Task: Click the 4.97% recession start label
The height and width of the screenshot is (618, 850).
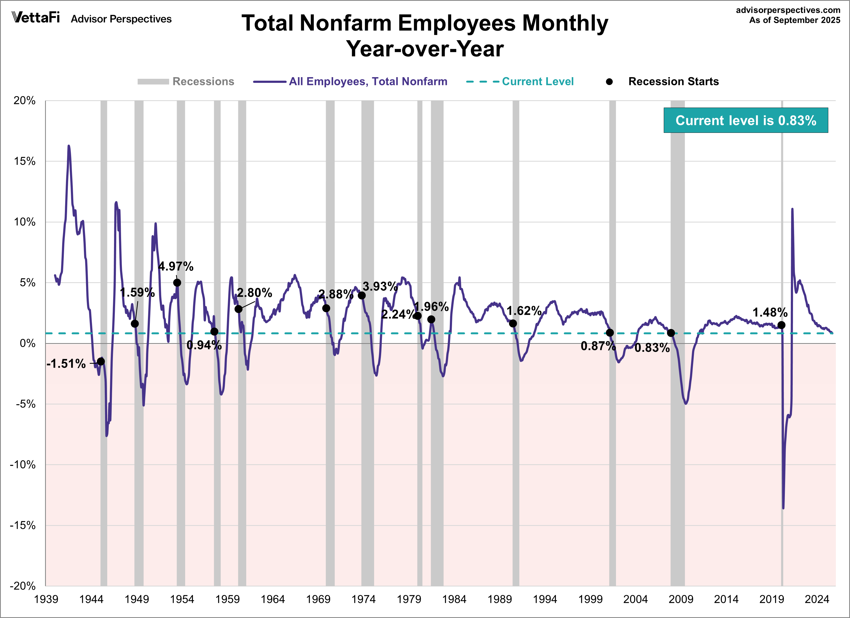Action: (x=176, y=267)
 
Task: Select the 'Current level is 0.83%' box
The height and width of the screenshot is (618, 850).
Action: (x=745, y=120)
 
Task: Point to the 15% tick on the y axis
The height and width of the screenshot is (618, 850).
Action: (x=25, y=161)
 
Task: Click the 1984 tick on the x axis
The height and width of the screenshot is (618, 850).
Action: (x=454, y=599)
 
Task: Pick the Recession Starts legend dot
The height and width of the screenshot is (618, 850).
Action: (x=609, y=82)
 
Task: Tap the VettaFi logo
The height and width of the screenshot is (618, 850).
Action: (x=36, y=17)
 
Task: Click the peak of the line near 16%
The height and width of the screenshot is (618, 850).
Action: (x=69, y=146)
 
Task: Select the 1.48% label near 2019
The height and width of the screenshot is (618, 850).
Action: (x=770, y=312)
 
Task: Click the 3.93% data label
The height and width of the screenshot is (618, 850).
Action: (x=380, y=287)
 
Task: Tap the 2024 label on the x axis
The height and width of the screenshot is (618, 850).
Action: (x=817, y=599)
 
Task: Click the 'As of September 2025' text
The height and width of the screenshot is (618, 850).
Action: (x=795, y=20)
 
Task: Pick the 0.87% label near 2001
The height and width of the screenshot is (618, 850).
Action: (x=598, y=346)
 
